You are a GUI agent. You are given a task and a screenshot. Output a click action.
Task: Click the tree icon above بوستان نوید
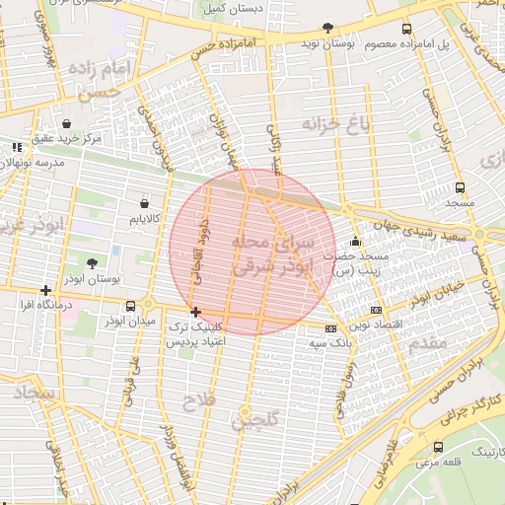(328, 28)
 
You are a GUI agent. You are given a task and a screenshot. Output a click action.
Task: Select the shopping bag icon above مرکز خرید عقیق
(66, 124)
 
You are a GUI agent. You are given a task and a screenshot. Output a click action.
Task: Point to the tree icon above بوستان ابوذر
(92, 262)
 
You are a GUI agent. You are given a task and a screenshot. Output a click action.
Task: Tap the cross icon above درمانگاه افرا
(45, 290)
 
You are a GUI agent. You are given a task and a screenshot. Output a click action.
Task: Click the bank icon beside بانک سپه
(330, 328)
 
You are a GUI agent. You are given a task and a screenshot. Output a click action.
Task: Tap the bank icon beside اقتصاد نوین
(375, 311)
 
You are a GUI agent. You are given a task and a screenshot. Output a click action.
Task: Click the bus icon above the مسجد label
(460, 186)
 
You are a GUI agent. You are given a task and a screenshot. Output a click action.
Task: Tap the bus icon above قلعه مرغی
(438, 447)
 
